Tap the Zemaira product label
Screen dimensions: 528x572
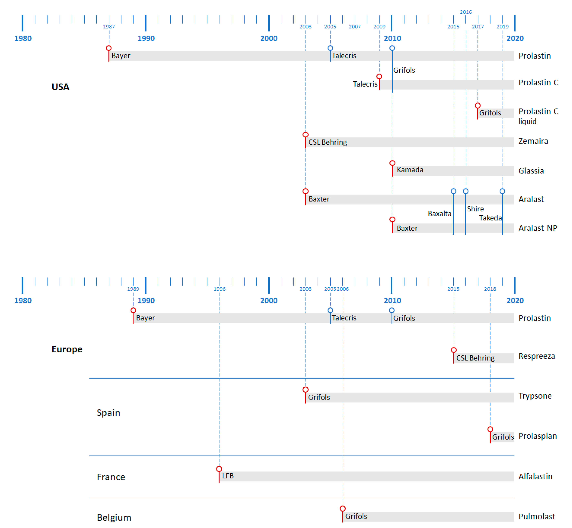533,141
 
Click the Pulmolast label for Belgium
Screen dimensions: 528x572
537,517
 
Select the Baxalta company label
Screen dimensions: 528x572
439,213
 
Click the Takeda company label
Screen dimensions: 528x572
490,218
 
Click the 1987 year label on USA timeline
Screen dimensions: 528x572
109,27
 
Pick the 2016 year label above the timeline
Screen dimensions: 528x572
466,12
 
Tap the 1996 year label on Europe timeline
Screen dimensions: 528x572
220,289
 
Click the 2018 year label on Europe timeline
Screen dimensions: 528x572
490,289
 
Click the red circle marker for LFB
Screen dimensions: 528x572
219,469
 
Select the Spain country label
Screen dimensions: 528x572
108,413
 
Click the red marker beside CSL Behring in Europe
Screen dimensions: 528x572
454,350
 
